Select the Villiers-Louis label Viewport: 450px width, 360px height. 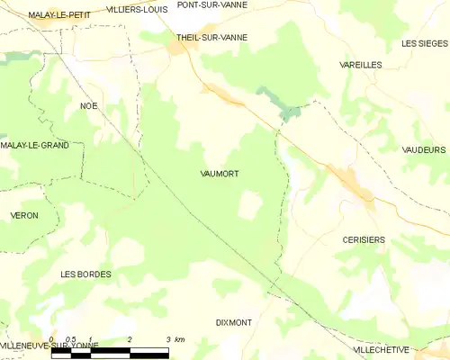coord(137,9)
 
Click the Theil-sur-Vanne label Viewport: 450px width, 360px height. coord(211,38)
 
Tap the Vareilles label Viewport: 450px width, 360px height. coord(360,66)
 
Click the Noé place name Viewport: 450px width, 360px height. coord(88,105)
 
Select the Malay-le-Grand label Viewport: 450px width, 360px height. coord(35,145)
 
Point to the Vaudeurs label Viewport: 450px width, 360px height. coord(425,150)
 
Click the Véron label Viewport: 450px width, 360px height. coord(23,216)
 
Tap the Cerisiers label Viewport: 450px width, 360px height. coord(364,239)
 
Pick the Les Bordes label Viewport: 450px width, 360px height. coord(85,274)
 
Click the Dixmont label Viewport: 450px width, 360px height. coord(235,321)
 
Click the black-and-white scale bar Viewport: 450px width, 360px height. coord(109,352)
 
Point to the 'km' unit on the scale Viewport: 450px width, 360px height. coord(179,339)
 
